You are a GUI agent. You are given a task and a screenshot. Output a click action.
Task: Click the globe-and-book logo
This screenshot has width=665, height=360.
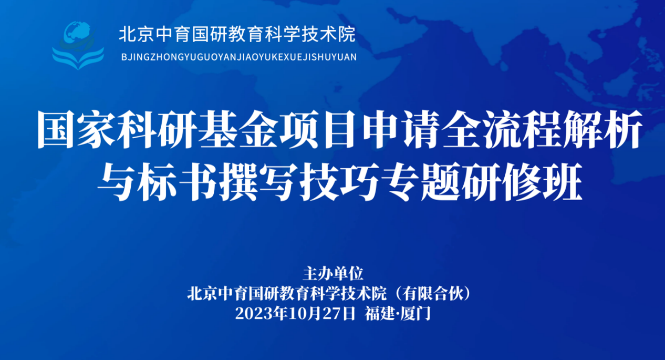click(78, 45)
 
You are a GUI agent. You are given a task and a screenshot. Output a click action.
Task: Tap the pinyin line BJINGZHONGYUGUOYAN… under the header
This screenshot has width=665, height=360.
click(238, 57)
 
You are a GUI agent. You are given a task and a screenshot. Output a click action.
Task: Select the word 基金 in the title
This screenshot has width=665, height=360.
click(238, 129)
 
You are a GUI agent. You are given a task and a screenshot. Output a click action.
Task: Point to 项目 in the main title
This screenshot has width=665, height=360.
click(319, 129)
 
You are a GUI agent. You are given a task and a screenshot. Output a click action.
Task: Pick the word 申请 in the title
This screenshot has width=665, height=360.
click(400, 129)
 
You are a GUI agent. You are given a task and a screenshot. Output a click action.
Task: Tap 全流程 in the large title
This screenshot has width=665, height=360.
click(501, 129)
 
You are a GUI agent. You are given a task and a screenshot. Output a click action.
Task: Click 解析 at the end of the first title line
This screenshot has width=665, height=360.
click(602, 129)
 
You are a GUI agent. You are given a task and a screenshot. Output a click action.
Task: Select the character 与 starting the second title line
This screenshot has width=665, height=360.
click(117, 182)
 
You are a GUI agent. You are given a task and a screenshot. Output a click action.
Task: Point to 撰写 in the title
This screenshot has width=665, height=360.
click(258, 182)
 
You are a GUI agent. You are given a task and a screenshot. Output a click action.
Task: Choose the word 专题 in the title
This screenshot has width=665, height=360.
click(420, 182)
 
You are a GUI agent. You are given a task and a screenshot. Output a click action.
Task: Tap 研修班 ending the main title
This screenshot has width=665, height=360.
click(521, 182)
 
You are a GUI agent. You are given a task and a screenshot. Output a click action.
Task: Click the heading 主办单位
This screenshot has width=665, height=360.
click(333, 274)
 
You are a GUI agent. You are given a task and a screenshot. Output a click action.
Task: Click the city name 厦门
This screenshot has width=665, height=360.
click(415, 314)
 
